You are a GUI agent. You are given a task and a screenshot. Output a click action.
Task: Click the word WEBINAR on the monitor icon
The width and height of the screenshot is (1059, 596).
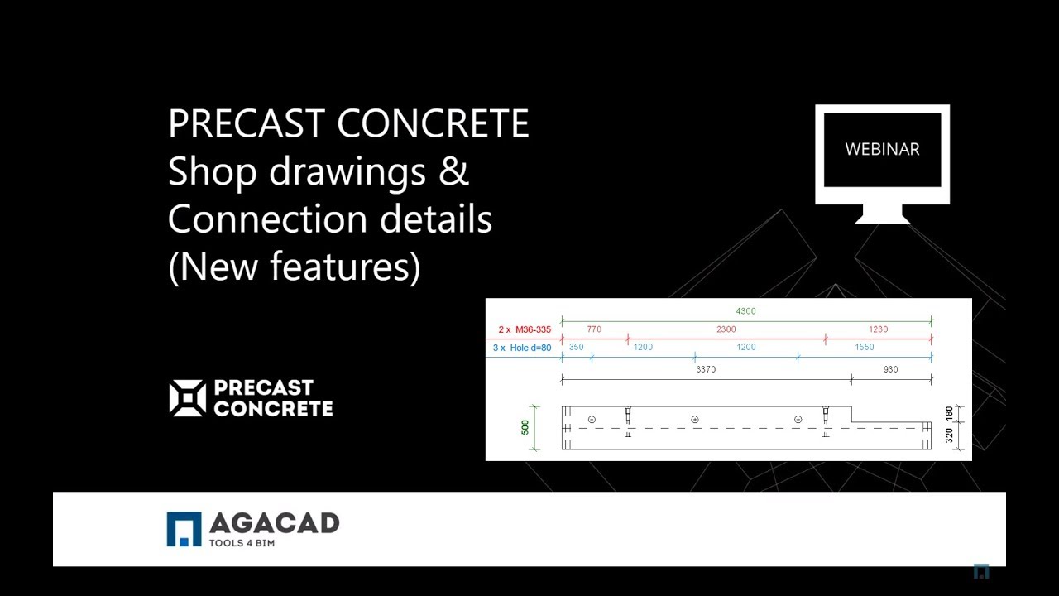(x=882, y=150)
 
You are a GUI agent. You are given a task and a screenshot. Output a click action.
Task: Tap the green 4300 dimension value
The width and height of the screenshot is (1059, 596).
(x=745, y=311)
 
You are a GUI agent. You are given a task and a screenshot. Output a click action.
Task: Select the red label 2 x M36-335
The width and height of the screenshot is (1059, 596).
(x=524, y=329)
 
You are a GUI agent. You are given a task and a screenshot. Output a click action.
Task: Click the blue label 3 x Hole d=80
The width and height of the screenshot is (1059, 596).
(x=521, y=348)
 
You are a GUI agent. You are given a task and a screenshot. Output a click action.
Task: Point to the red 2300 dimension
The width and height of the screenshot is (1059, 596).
(x=726, y=329)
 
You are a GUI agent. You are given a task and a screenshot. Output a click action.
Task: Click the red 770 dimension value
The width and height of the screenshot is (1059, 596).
(x=594, y=329)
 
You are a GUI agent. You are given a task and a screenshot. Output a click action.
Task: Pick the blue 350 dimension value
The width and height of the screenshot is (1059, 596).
(x=576, y=348)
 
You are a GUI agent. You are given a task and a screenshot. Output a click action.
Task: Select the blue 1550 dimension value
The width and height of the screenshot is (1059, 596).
(x=864, y=348)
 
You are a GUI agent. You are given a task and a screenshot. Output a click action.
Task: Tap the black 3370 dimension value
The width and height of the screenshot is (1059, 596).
(x=705, y=370)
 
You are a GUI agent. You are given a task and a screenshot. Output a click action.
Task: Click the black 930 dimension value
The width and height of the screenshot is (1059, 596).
(x=890, y=370)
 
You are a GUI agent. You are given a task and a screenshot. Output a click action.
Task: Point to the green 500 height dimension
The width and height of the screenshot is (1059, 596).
(x=525, y=428)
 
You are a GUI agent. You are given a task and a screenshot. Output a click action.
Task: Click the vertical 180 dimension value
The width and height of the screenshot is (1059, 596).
(x=949, y=413)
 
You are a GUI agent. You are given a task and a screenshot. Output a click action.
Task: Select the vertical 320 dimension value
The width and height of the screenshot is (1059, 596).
(x=949, y=435)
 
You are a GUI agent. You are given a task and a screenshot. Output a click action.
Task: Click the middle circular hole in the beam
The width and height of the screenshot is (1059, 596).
(x=694, y=420)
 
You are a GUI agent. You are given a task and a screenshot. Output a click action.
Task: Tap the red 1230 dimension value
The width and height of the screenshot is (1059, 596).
(x=878, y=329)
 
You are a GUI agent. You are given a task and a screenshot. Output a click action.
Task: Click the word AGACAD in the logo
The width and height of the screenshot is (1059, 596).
(x=274, y=524)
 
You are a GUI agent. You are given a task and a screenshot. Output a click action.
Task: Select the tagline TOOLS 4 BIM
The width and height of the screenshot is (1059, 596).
(x=242, y=543)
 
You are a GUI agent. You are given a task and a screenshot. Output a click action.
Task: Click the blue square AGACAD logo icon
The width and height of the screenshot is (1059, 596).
(x=184, y=530)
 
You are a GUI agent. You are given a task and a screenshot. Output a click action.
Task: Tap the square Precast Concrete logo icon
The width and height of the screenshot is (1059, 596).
(x=187, y=398)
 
